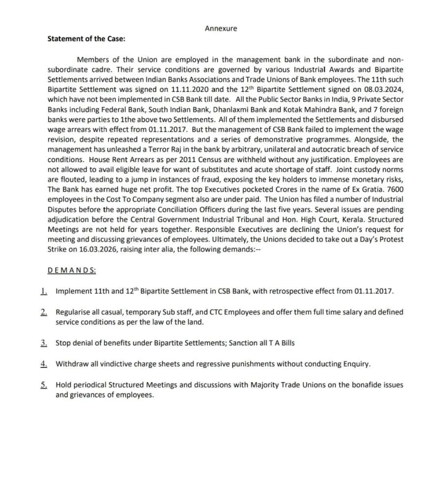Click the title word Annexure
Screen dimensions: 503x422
221,28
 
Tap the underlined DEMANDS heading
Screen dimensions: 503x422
72,271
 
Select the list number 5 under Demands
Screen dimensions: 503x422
44,385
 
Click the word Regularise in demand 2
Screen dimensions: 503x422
73,312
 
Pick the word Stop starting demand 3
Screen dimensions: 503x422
63,343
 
